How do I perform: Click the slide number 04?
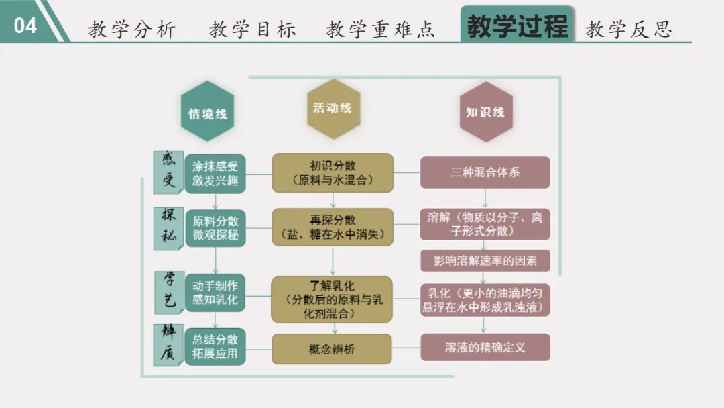(x=25, y=25)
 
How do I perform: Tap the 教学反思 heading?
(x=628, y=29)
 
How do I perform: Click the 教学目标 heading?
(x=252, y=29)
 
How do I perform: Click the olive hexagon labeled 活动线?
(x=333, y=108)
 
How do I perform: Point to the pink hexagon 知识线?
(x=485, y=112)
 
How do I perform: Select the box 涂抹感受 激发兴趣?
(x=215, y=173)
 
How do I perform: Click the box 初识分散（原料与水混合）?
(x=333, y=173)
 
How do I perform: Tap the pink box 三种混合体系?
(x=485, y=172)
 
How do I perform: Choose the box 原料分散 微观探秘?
(x=215, y=228)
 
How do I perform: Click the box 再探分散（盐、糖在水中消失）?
(x=333, y=227)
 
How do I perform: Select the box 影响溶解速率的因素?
(x=485, y=260)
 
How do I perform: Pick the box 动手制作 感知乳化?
(x=215, y=293)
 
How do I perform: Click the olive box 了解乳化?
(x=333, y=299)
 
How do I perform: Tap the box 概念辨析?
(x=332, y=349)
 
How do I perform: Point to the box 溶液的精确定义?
(x=485, y=348)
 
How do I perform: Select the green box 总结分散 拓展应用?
(x=215, y=346)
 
